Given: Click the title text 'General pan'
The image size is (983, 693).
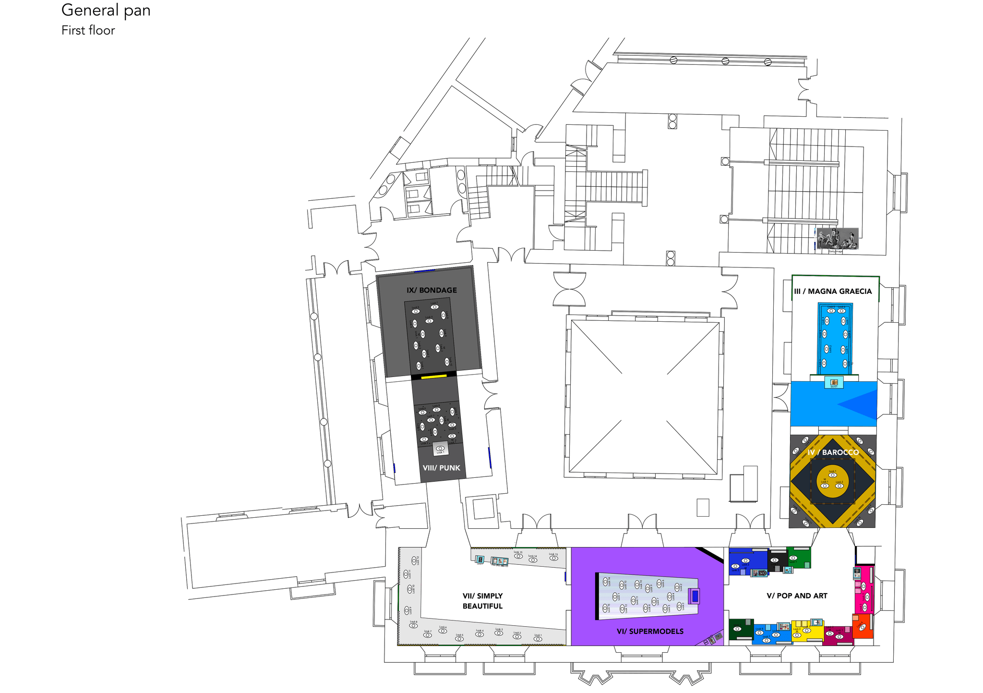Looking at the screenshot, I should [x=106, y=10].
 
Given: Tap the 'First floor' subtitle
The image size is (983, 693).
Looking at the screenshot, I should [x=88, y=30].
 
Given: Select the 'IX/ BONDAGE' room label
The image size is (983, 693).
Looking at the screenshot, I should [x=432, y=290].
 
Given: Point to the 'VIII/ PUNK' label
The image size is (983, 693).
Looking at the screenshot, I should [x=441, y=468].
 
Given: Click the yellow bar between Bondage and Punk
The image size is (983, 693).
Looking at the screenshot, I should [x=434, y=377].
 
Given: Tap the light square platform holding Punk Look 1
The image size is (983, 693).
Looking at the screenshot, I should [x=440, y=449].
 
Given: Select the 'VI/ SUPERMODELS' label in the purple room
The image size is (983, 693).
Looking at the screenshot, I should [x=650, y=631].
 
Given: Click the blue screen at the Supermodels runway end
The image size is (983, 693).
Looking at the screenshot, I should [x=694, y=596].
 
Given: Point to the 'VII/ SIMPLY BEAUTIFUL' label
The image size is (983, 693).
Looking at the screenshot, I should [x=482, y=601].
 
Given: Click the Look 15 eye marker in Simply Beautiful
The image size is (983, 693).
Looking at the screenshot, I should [x=518, y=556].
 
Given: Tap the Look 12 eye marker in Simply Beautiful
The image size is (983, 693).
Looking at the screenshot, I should [x=412, y=560].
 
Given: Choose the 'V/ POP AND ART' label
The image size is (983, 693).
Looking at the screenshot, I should [x=797, y=596].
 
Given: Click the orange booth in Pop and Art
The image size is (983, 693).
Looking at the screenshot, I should [x=862, y=626].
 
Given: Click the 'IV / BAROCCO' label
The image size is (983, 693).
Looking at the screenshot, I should [x=833, y=452].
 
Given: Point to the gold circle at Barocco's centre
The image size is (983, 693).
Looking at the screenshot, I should [x=832, y=482].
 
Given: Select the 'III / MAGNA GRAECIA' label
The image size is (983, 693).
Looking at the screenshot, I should [x=833, y=291].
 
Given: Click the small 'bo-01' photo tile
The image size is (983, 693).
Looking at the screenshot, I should [x=834, y=383].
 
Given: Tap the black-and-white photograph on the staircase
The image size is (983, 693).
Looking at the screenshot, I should [x=837, y=239].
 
